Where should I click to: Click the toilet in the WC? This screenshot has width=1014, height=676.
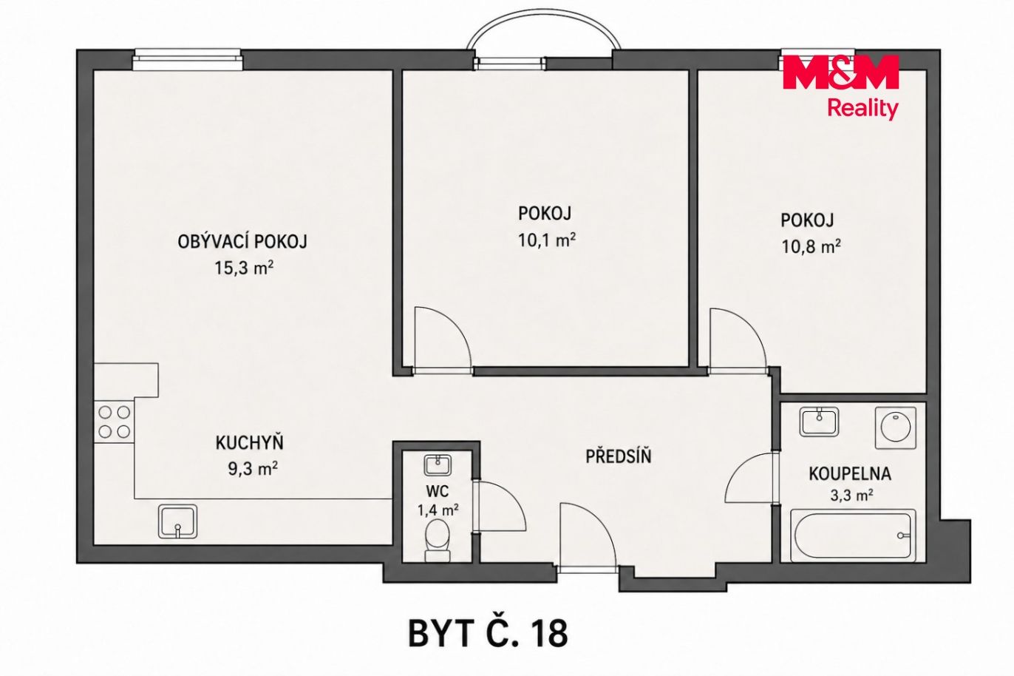coord(438,541)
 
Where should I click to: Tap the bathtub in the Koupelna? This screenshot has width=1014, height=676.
coord(853,535)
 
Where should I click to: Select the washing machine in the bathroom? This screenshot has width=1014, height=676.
coord(896,427)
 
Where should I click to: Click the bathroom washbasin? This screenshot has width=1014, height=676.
coord(819,422)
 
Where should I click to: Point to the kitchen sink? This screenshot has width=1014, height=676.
coord(178,521)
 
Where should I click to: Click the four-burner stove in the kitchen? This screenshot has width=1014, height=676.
coord(115,422)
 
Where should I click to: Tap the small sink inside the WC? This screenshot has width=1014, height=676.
coord(438,465)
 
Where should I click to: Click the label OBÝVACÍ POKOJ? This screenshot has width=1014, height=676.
coord(242,242)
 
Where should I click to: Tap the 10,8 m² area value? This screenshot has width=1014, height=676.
coord(811,247)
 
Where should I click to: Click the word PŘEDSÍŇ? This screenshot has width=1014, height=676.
coord(619,456)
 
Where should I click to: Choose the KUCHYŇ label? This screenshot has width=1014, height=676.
coord(249,442)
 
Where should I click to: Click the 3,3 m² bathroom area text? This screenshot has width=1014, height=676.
coord(851,496)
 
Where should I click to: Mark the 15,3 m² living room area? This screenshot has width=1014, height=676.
coord(244,268)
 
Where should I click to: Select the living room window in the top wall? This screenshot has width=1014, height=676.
coord(188,60)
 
